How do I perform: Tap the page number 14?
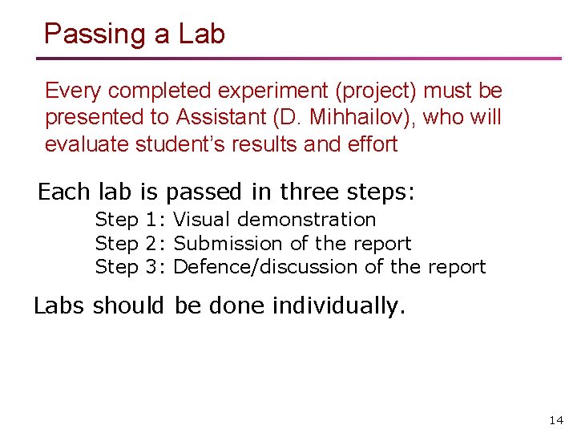point(556,420)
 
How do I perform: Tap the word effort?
point(370,144)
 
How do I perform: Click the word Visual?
point(202,219)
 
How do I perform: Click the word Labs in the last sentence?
point(60,306)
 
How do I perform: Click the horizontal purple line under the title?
point(298,59)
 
